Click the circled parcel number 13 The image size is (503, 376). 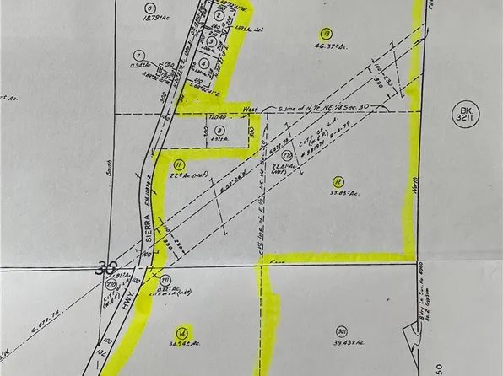pyautogui.click(x=326, y=34)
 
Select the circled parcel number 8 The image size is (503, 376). pyautogui.click(x=218, y=130)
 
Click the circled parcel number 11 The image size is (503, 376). pyautogui.click(x=178, y=164)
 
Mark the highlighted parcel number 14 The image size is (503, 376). pyautogui.click(x=181, y=331)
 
